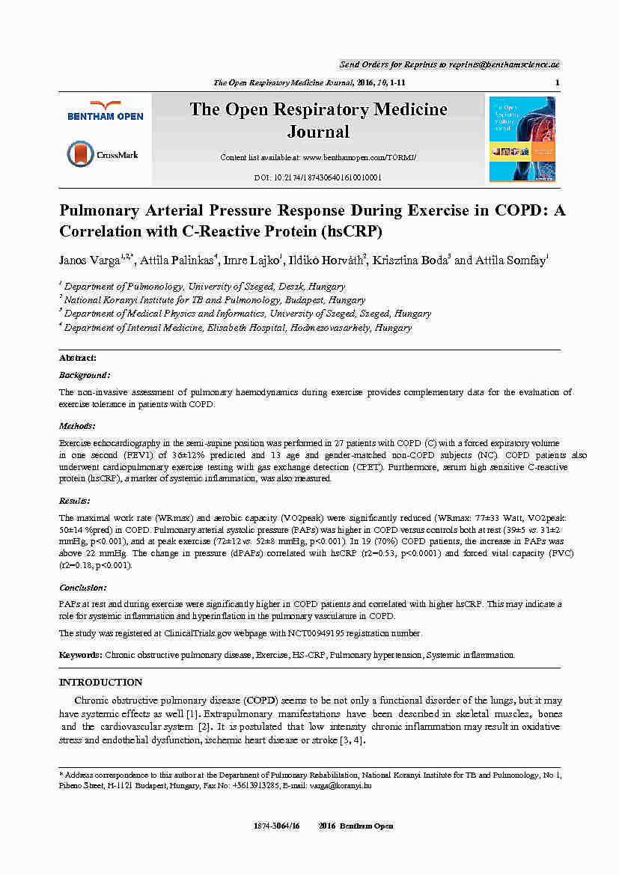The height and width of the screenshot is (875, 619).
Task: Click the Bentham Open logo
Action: pos(105,111)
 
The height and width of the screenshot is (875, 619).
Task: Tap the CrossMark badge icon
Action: pos(81,154)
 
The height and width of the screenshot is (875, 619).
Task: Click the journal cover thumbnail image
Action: pos(522,138)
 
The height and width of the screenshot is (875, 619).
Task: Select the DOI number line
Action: pos(318,177)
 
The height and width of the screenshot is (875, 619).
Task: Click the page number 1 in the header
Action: pos(558,82)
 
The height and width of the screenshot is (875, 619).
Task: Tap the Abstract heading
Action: pos(77,359)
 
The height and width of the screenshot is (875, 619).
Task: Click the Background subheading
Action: pos(85,375)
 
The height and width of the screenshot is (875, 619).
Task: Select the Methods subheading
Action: pos(77,426)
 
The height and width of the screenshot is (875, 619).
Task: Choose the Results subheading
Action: pos(75,500)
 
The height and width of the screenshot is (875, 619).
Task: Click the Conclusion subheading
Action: pos(83,588)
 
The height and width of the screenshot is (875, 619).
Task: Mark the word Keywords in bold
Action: pos(81,655)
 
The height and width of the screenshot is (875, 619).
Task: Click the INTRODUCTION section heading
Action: pos(100,683)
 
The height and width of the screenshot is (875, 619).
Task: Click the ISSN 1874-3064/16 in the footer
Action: pos(278,826)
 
